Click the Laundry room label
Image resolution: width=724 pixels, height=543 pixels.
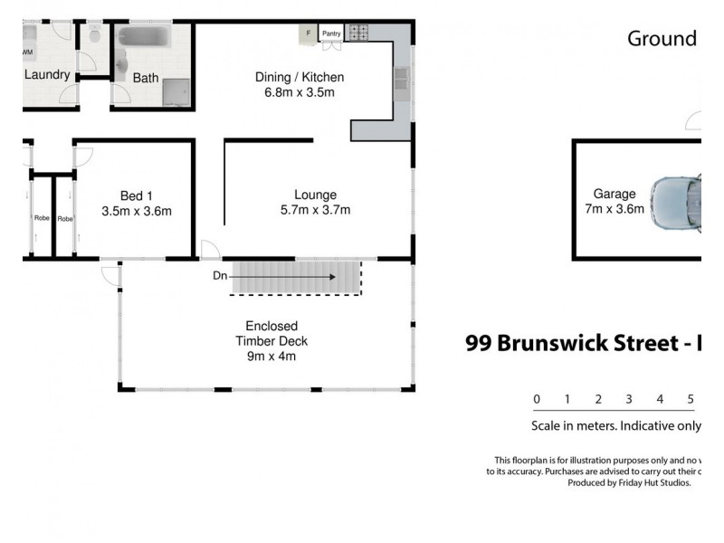(47, 74)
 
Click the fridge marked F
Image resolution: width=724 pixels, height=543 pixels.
(308, 33)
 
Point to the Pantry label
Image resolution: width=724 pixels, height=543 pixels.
(330, 34)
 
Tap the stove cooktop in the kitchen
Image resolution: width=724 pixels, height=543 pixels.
(358, 33)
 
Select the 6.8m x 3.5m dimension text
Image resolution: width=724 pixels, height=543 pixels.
(300, 91)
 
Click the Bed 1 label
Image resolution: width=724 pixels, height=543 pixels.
(137, 195)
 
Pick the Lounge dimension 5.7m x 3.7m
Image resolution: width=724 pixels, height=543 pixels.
(315, 210)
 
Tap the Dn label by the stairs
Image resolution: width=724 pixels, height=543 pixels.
(220, 276)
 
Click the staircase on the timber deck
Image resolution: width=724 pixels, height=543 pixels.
(297, 278)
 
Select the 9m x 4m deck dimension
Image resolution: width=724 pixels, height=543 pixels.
(271, 356)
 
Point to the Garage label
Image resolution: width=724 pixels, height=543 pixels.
(614, 194)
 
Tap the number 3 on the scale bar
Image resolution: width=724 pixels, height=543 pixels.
(628, 399)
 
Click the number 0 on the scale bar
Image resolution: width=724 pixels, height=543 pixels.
(537, 399)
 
